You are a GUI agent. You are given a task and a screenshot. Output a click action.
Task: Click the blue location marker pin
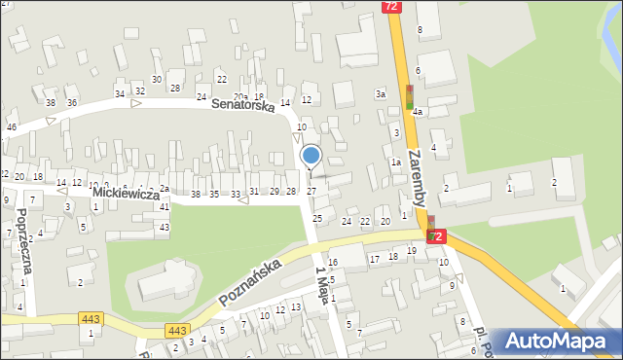click(x=311, y=156)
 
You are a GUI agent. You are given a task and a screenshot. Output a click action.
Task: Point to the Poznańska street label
click(x=250, y=282)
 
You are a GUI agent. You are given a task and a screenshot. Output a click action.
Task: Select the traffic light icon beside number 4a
click(x=411, y=96)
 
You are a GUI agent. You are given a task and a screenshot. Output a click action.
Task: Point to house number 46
click(x=12, y=127)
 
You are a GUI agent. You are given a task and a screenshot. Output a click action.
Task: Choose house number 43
click(x=164, y=227)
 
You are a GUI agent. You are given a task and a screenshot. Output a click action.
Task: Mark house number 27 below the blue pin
click(x=311, y=191)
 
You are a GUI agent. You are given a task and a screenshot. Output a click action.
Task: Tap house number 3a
click(x=382, y=93)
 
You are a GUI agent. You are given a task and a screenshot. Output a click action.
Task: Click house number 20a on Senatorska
click(x=240, y=96)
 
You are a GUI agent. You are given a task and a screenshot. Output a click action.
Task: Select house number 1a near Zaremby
click(x=395, y=162)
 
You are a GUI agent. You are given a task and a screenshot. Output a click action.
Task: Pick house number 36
click(x=72, y=102)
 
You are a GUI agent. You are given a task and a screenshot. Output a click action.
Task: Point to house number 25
click(x=316, y=218)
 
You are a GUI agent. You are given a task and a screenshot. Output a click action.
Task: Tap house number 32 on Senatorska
click(x=134, y=92)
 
